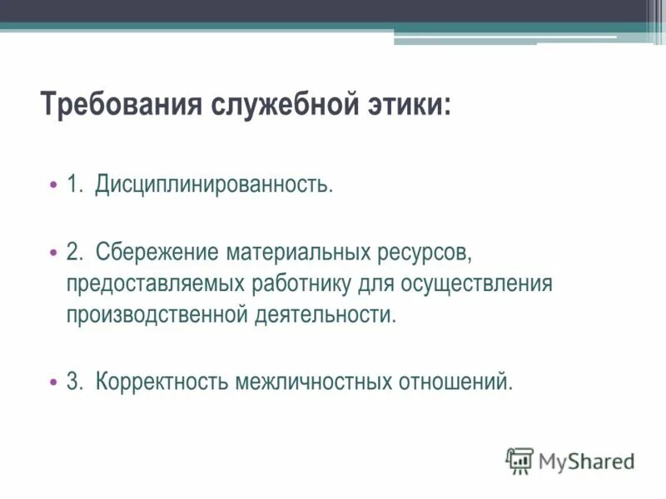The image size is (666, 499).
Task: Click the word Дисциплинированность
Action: click(214, 183)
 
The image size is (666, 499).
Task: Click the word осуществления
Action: click(477, 283)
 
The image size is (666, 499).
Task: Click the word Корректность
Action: click(162, 382)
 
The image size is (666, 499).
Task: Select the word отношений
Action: click(456, 382)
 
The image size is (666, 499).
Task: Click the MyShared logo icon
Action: click(519, 460)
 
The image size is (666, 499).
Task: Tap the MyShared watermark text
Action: click(586, 461)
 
